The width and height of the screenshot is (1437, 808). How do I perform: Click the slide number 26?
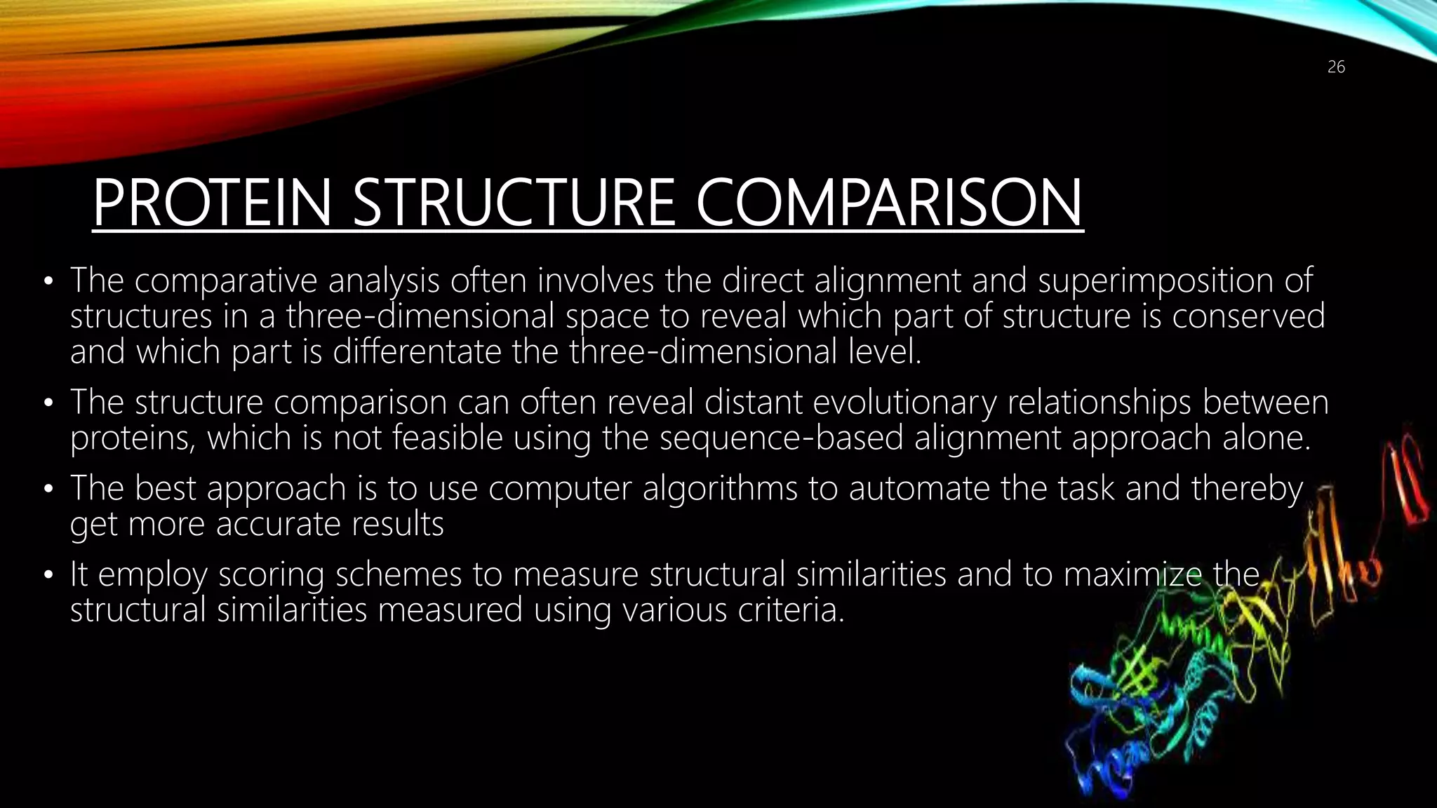pos(1336,67)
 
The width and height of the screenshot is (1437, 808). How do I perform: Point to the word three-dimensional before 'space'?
pos(420,316)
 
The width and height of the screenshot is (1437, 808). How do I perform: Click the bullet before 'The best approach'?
pos(48,490)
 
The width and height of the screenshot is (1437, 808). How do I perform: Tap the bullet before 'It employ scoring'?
pos(48,576)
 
